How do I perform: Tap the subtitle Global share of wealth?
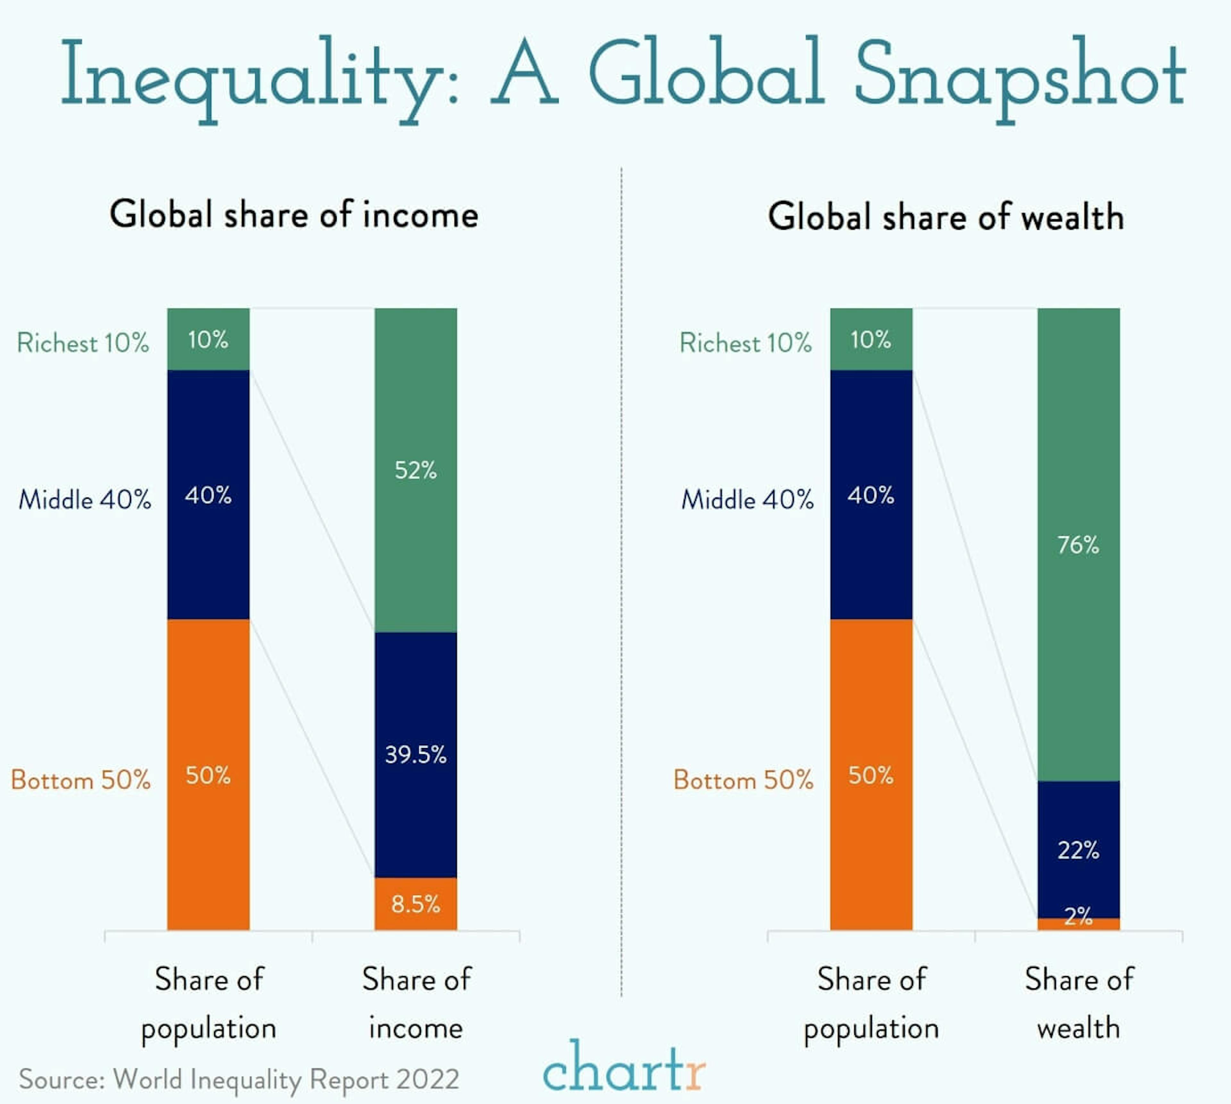[946, 217]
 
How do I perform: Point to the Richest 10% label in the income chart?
[83, 343]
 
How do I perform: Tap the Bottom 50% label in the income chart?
[81, 779]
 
